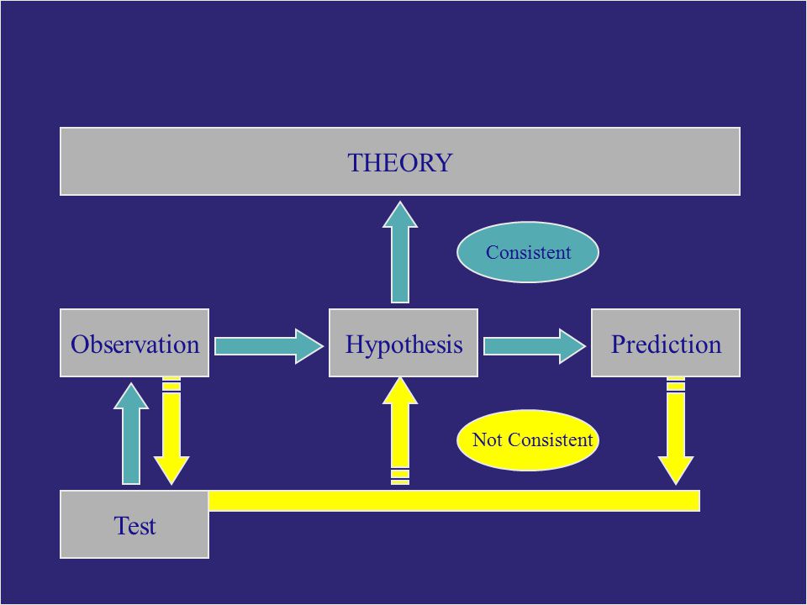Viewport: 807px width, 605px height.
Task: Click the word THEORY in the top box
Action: (400, 162)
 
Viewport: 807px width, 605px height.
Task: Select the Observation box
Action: (134, 343)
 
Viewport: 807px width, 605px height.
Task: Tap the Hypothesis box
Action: (403, 343)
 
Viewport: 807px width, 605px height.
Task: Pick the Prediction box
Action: (666, 343)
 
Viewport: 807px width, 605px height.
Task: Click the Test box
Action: (134, 524)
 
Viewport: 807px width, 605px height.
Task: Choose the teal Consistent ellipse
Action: (528, 252)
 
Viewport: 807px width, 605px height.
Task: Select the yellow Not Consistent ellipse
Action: (528, 439)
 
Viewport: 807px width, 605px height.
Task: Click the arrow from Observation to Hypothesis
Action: (269, 346)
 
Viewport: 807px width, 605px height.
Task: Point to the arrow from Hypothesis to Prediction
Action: (535, 346)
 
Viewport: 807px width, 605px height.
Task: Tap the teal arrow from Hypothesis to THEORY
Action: (400, 252)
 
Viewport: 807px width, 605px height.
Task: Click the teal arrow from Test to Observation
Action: (131, 434)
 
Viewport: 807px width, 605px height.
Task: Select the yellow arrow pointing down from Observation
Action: (171, 431)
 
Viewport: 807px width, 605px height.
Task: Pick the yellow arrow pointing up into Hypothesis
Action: (400, 431)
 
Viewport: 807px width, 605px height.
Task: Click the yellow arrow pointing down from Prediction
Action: (676, 431)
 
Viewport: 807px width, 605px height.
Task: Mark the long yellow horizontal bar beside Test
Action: (455, 501)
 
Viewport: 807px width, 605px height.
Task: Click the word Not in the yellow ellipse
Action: (487, 439)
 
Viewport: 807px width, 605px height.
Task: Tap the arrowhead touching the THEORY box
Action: (400, 214)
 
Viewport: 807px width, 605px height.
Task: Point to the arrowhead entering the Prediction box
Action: (572, 346)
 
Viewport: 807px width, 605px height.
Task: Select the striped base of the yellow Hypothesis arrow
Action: (400, 476)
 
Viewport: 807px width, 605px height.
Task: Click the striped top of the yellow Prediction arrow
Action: (676, 386)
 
